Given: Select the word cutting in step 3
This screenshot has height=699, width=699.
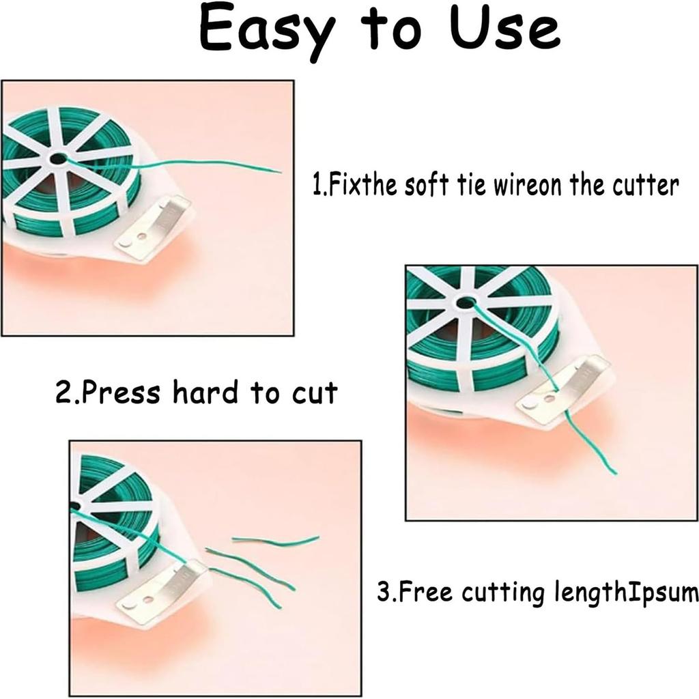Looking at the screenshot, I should [x=501, y=593].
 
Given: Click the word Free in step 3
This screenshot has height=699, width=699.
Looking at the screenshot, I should [x=424, y=592].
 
